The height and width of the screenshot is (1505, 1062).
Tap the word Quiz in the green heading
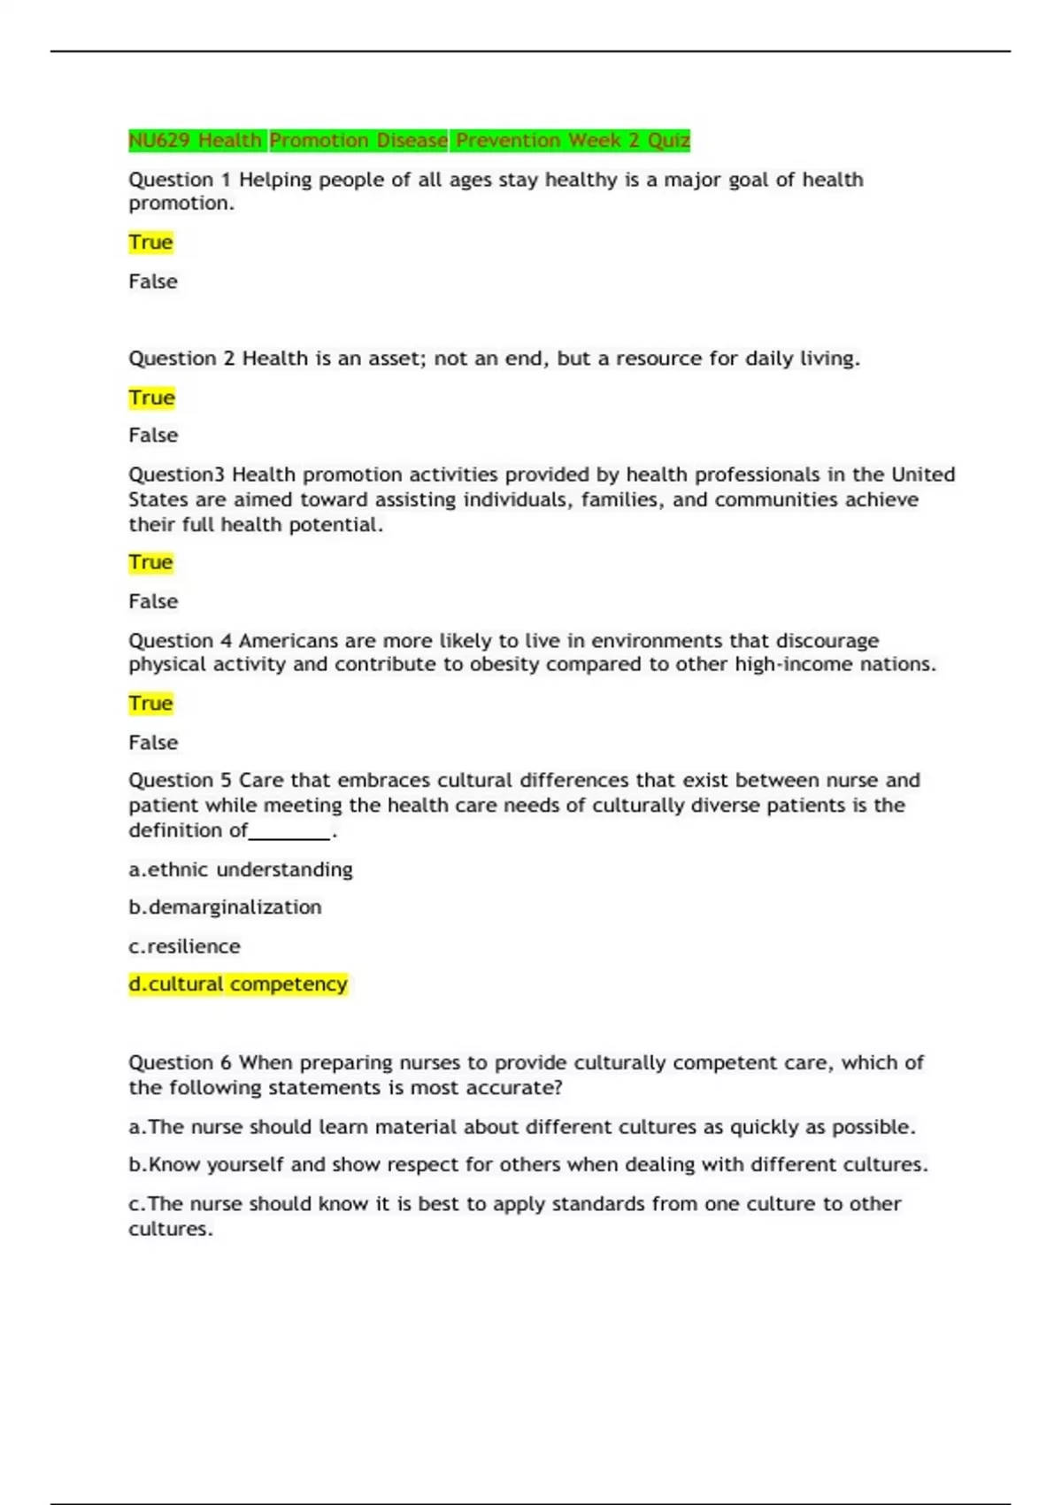[668, 141]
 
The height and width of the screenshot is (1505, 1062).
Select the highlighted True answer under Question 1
[150, 243]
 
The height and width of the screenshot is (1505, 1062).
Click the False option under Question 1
[153, 282]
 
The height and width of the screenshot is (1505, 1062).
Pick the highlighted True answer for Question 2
[151, 397]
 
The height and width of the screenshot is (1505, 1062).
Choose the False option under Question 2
[153, 436]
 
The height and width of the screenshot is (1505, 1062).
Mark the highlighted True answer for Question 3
[150, 562]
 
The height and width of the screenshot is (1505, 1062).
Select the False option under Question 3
[153, 601]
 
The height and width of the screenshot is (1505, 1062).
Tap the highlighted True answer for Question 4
[150, 704]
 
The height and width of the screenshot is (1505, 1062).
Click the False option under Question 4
[153, 742]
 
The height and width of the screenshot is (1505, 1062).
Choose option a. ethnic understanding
[241, 869]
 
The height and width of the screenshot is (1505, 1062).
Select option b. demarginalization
[225, 907]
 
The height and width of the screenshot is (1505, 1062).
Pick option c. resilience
[184, 946]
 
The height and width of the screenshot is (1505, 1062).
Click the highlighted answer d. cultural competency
[238, 984]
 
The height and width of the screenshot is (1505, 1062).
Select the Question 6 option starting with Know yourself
[527, 1164]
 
